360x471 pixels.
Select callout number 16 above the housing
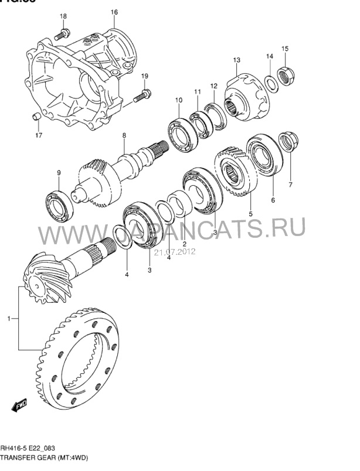click(x=114, y=12)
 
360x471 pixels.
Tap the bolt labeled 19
click(x=141, y=95)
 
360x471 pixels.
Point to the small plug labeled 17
click(x=36, y=117)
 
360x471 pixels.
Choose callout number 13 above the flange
click(x=237, y=60)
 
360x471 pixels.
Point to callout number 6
click(x=272, y=200)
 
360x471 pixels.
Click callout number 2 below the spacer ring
click(x=184, y=244)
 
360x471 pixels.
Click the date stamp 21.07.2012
click(x=174, y=252)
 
